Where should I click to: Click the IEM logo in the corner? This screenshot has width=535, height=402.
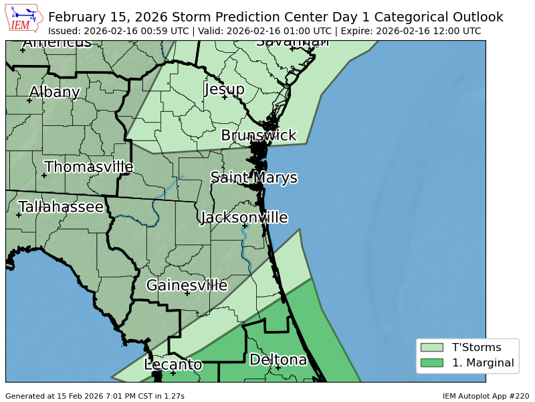point(24,18)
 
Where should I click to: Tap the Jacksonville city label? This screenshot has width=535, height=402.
point(244,218)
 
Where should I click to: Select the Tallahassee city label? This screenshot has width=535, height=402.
point(61,207)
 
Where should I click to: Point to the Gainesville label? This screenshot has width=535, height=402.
point(187,285)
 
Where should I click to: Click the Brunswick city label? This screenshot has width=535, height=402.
point(258,135)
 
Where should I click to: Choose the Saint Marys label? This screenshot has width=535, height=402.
point(253,178)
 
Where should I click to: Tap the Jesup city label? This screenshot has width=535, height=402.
point(224,89)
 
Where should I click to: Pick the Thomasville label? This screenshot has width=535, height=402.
point(89,167)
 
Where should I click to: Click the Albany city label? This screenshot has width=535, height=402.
point(54,92)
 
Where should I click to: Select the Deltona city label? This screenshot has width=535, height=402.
point(278,360)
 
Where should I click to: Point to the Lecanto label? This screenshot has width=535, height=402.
point(173,364)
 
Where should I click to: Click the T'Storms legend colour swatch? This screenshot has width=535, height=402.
point(431,347)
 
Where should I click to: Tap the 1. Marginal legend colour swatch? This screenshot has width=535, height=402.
point(431,363)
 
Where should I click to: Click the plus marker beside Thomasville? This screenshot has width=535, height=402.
point(44,176)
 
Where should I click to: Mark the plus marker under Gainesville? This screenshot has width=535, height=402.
point(187,293)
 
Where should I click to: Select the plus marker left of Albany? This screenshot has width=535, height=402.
point(29,100)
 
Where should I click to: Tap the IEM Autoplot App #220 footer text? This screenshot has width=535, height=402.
point(486,396)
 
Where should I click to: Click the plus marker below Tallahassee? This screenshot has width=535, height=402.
point(19,215)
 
